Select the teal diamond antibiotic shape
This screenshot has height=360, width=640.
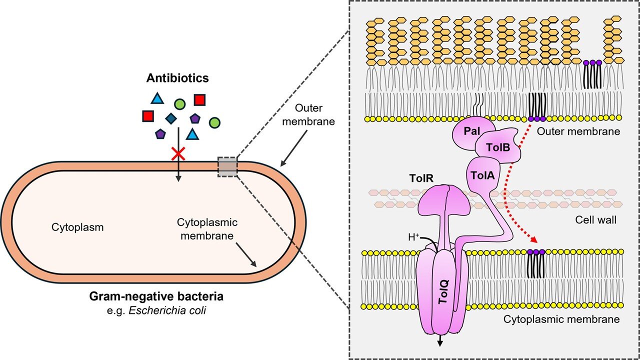171,118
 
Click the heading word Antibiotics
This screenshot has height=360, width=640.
177,78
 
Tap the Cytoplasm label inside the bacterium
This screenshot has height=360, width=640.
77,227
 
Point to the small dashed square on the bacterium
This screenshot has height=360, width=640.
227,166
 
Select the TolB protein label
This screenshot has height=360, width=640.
495,148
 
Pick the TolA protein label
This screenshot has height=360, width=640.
483,174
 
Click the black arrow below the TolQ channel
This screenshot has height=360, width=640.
440,340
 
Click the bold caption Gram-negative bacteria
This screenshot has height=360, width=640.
156,297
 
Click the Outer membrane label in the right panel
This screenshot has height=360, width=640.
578,131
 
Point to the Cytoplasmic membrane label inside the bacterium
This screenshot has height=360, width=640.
206,228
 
